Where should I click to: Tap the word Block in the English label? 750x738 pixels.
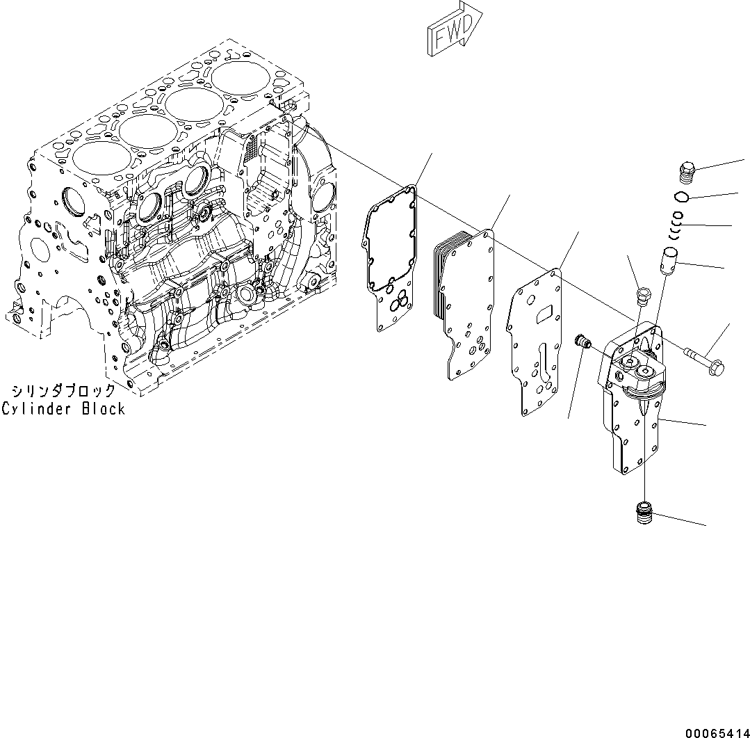[x=104, y=409]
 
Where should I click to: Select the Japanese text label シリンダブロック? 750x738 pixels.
[x=64, y=391]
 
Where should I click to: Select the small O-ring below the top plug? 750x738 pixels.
[x=682, y=195]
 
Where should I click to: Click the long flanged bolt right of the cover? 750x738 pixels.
[x=705, y=360]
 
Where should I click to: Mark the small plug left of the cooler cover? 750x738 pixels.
[x=582, y=342]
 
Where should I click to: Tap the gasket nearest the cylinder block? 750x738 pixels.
[x=389, y=259]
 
